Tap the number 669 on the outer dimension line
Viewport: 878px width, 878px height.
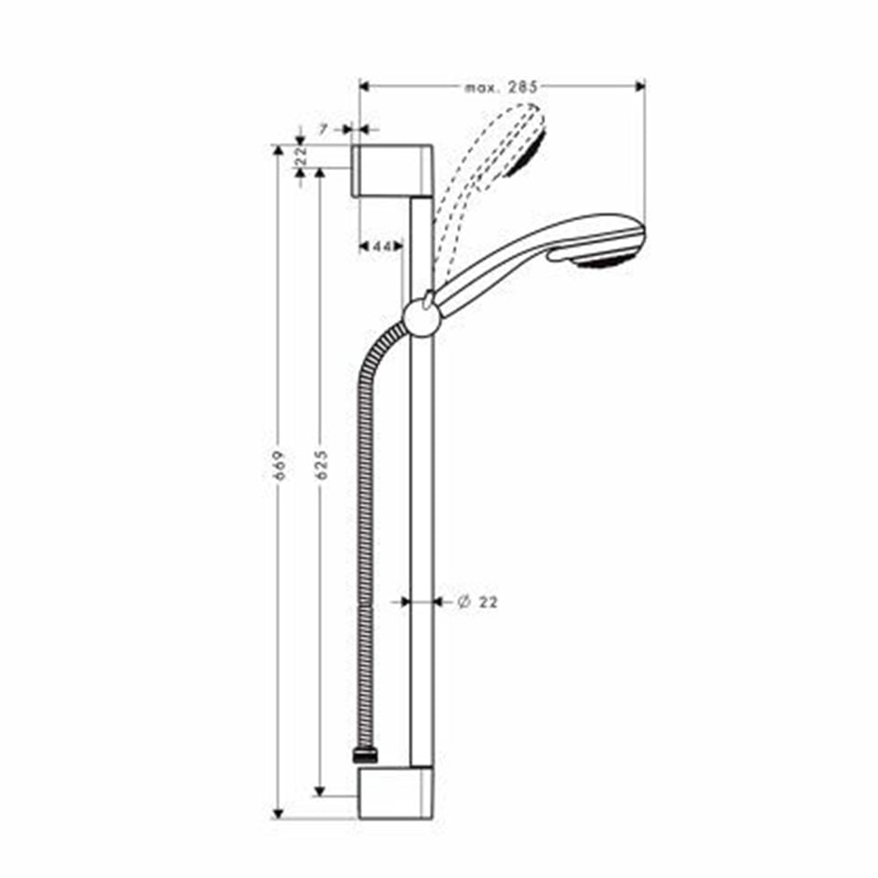coord(282,465)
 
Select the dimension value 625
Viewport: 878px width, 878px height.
coord(322,465)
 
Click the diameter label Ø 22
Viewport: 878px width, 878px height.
coord(478,602)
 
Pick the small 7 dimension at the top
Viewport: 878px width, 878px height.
coord(323,130)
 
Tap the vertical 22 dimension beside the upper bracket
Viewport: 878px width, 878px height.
coord(300,157)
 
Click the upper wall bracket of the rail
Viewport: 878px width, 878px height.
coord(393,169)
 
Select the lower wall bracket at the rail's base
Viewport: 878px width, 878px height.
coord(395,793)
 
